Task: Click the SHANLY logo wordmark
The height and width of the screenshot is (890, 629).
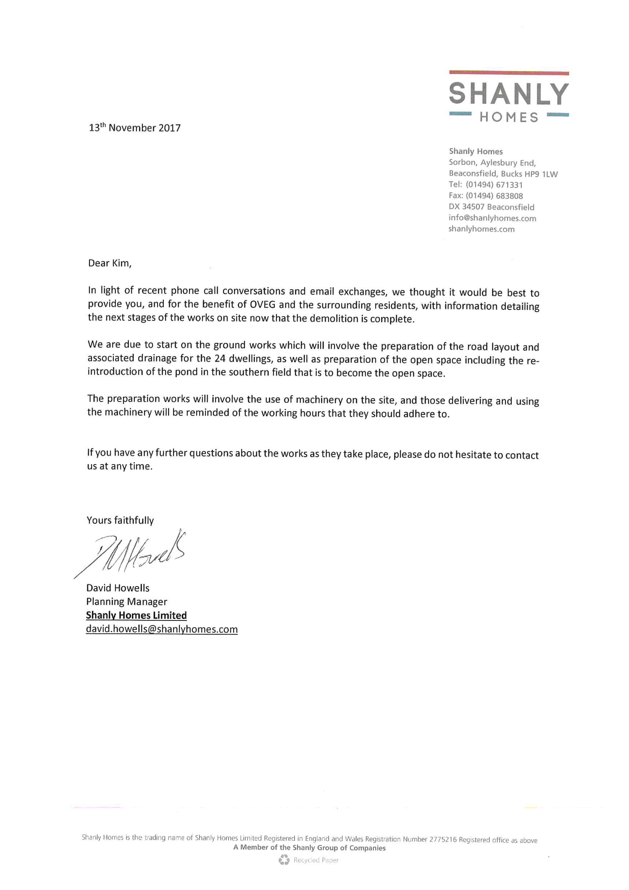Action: pyautogui.click(x=509, y=94)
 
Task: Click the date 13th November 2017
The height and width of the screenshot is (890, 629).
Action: pyautogui.click(x=135, y=128)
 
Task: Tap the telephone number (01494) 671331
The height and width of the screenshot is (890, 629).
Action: pyautogui.click(x=494, y=185)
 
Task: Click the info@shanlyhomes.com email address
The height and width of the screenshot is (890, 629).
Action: pyautogui.click(x=492, y=218)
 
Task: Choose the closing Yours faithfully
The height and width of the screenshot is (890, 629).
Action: pyautogui.click(x=120, y=520)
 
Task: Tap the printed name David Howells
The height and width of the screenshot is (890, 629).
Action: pyautogui.click(x=118, y=588)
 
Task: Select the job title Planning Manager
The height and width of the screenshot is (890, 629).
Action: pyautogui.click(x=127, y=602)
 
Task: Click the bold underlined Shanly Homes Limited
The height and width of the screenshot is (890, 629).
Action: pyautogui.click(x=136, y=615)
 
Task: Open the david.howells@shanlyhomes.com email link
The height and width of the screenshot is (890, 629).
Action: pyautogui.click(x=162, y=629)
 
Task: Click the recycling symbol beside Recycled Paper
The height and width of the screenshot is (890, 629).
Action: pyautogui.click(x=284, y=860)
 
